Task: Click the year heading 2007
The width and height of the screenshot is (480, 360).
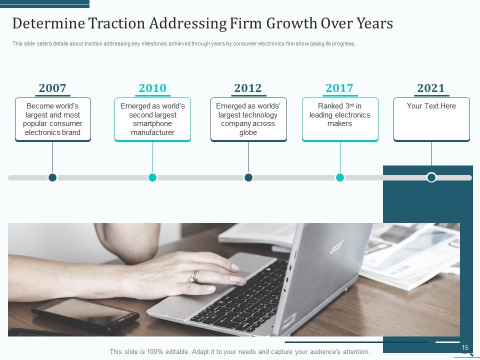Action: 52,88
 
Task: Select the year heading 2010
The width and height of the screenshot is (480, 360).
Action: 152,88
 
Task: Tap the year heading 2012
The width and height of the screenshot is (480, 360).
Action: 248,88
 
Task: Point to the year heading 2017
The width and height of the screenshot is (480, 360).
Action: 339,88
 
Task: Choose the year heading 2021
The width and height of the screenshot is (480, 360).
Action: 431,88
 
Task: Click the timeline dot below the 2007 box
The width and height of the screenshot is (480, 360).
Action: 52,177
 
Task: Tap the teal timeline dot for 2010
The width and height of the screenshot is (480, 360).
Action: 152,177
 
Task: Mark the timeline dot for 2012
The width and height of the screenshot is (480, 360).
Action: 248,177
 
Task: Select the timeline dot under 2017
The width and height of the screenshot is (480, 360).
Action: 340,177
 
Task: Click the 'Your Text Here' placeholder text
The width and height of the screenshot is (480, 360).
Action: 431,106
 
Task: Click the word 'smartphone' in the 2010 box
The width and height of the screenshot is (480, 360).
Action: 152,123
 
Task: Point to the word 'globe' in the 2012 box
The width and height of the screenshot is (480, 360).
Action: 248,132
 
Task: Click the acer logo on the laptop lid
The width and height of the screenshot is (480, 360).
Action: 337,246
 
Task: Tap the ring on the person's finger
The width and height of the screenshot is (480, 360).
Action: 194,276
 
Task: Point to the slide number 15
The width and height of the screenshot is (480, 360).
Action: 465,348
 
